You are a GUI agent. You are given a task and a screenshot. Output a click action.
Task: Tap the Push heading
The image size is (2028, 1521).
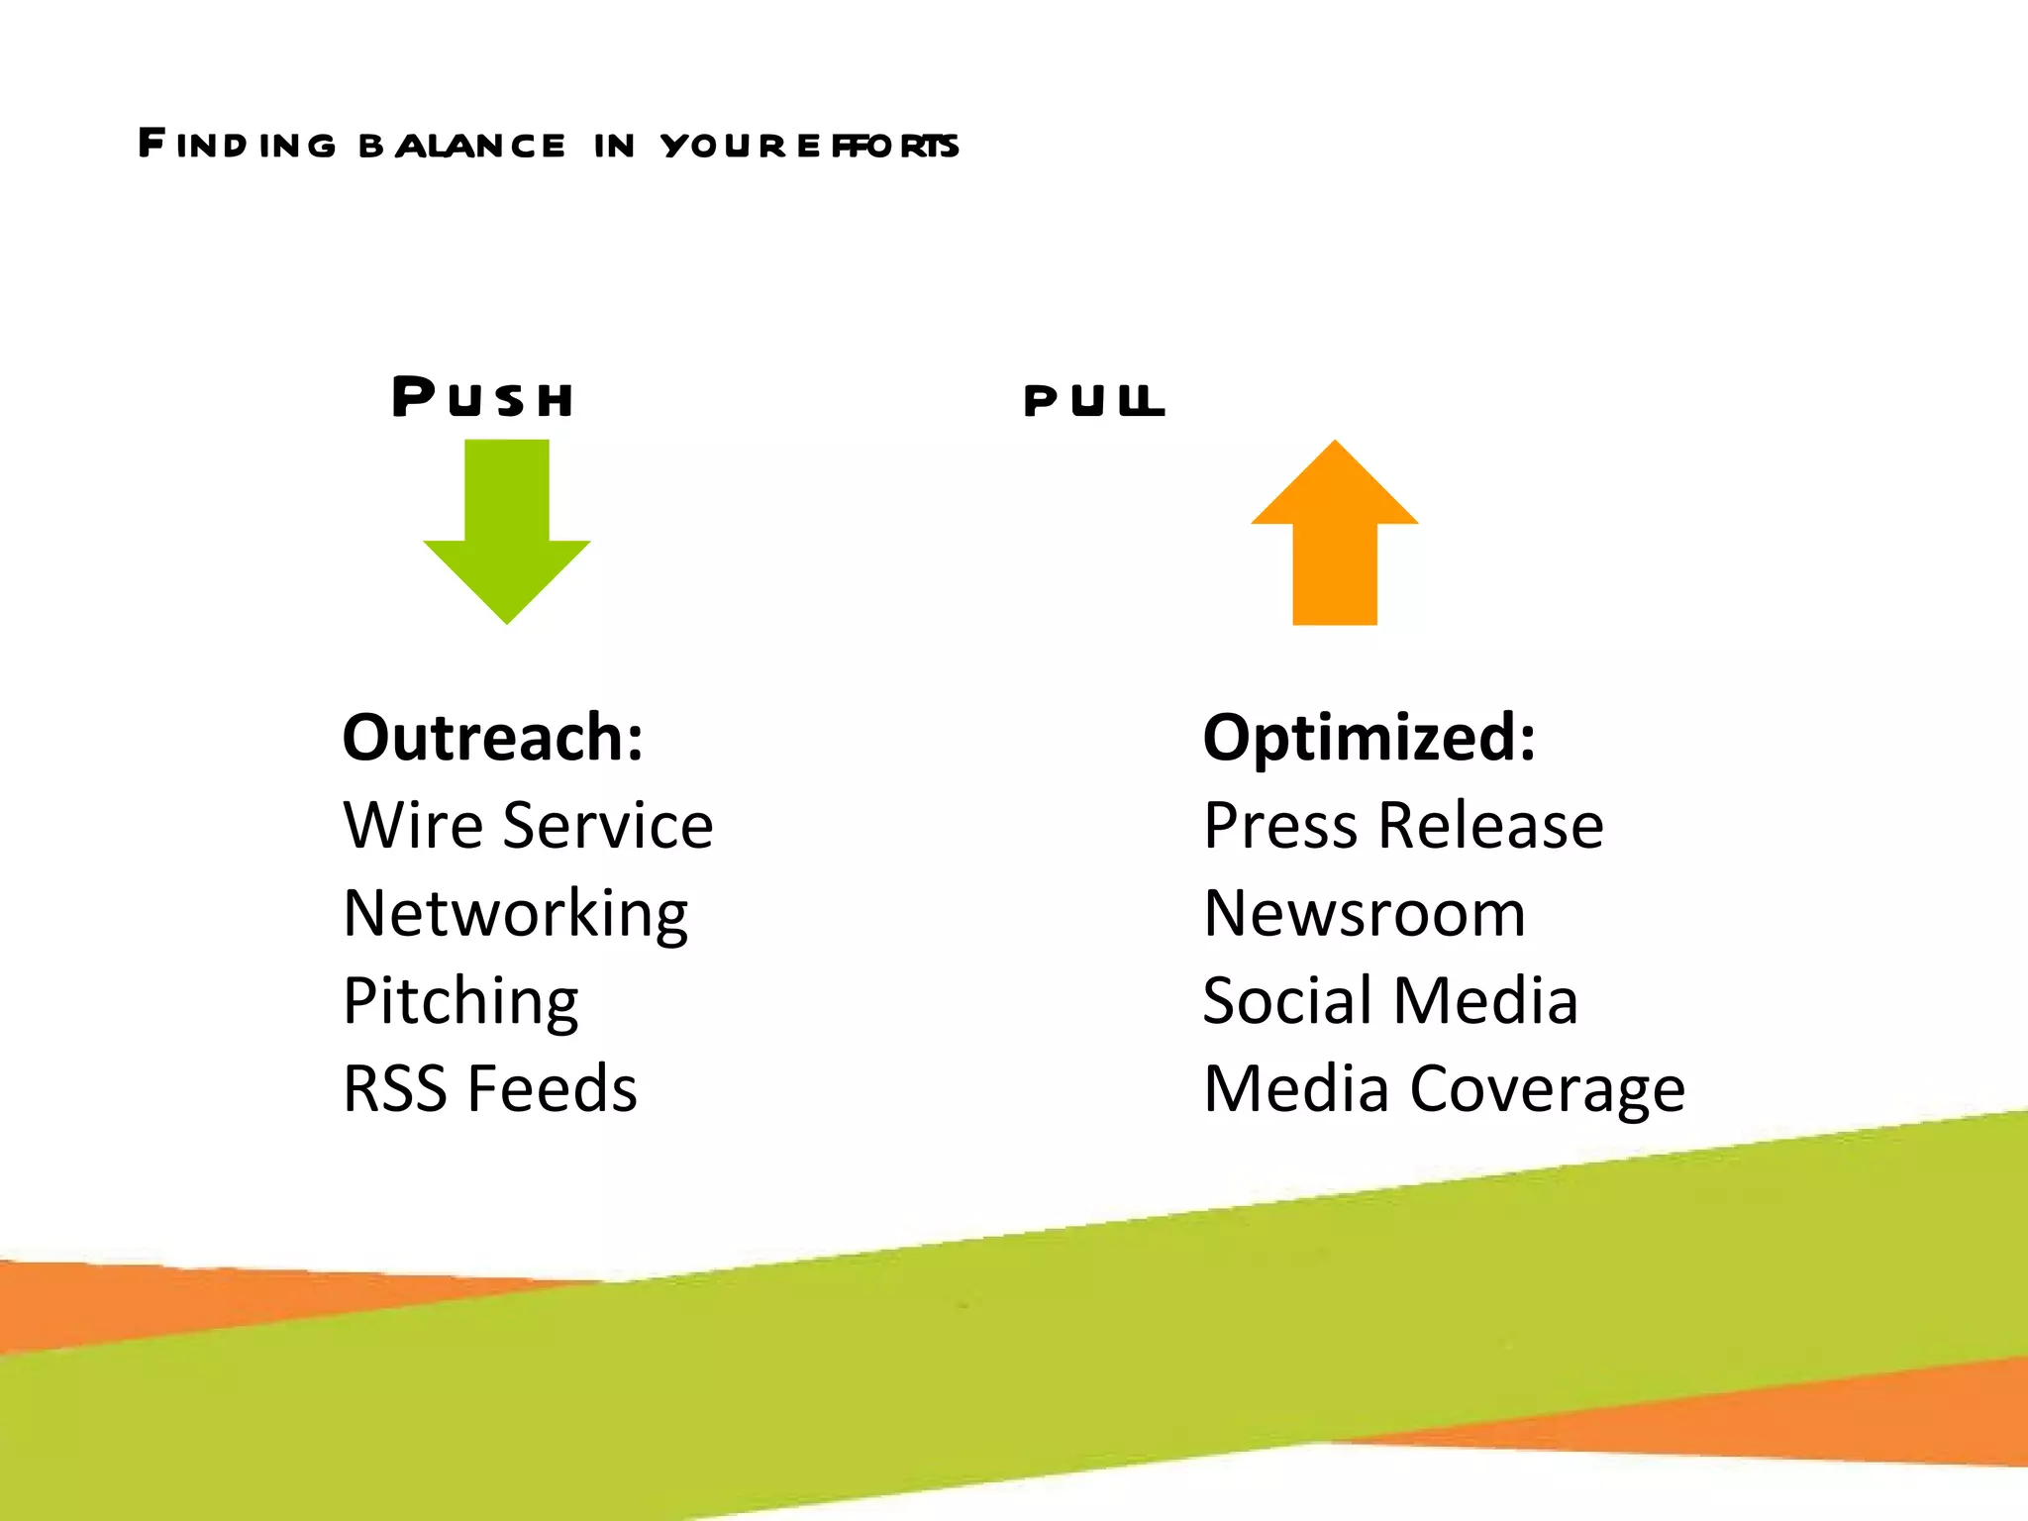click(482, 397)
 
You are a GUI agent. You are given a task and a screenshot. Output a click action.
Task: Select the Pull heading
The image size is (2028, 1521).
click(1093, 400)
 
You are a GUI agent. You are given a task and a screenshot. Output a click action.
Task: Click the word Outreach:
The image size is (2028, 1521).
click(492, 738)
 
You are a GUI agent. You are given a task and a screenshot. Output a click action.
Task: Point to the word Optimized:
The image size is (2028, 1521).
click(1369, 738)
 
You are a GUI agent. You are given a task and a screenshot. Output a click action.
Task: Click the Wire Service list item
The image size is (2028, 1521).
click(527, 825)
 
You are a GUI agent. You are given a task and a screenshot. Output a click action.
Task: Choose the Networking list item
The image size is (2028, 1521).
click(515, 913)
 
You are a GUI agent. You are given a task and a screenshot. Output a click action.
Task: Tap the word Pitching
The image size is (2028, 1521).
click(460, 1001)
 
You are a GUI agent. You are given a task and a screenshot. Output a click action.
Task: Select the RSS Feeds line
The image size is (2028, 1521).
click(489, 1088)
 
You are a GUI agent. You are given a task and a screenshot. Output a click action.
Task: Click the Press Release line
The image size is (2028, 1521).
click(1402, 825)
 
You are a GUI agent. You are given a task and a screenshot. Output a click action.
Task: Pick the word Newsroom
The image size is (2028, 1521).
click(1364, 913)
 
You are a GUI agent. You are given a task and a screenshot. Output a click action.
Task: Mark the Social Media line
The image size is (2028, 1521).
click(1389, 1000)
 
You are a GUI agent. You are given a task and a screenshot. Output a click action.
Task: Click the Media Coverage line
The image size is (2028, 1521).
click(1443, 1088)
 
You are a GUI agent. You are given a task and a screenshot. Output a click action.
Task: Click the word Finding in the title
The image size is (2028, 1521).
click(238, 145)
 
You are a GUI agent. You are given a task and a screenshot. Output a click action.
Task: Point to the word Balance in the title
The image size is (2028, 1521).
click(461, 146)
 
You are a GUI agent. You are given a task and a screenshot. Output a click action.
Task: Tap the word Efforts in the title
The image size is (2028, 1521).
click(877, 146)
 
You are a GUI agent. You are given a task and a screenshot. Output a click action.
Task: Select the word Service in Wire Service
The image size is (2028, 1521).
click(607, 825)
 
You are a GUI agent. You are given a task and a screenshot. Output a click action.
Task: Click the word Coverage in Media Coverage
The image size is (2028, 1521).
click(1547, 1089)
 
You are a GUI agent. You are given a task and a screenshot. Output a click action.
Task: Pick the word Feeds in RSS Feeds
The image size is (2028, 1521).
click(552, 1088)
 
